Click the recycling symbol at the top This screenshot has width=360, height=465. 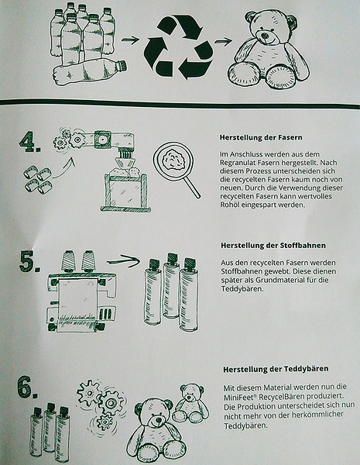click(178, 47)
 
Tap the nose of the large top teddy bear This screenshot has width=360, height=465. click(265, 36)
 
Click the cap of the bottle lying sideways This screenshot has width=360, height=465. click(121, 65)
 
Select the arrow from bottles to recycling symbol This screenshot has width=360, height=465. click(130, 40)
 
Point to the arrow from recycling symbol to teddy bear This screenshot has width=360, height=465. click(223, 42)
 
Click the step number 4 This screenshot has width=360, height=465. click(29, 143)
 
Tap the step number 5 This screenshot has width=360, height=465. click(29, 262)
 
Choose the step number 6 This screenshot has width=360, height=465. click(27, 387)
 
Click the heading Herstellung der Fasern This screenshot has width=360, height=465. click(261, 138)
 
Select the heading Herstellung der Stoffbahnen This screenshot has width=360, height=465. click(273, 246)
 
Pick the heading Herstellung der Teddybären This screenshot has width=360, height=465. click(276, 369)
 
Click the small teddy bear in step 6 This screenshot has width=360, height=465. click(190, 403)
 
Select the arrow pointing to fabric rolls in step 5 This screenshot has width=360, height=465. click(123, 260)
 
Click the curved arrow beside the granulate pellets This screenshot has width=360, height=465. click(64, 168)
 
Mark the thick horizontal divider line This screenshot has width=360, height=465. click(180, 104)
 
